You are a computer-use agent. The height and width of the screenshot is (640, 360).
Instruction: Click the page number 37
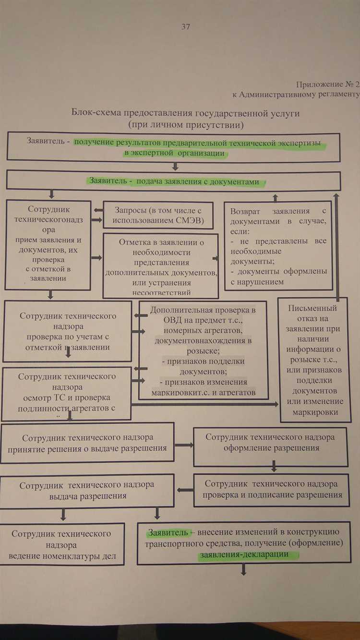tap(186, 27)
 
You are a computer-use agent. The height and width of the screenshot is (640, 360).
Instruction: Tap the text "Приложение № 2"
tap(327, 84)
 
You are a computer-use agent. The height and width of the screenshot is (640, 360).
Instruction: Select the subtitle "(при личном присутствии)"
tap(186, 125)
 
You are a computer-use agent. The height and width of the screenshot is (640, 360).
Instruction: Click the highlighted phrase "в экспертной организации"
tap(174, 154)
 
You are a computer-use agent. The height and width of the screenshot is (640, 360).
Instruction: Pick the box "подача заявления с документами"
tap(173, 181)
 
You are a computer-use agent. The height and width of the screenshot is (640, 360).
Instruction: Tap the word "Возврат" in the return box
tap(246, 211)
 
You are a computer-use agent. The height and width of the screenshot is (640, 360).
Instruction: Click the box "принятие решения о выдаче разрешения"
tap(87, 443)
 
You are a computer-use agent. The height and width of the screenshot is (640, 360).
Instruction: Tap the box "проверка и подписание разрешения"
tap(270, 490)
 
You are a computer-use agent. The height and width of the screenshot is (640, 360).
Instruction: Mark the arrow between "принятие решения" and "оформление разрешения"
tap(184, 445)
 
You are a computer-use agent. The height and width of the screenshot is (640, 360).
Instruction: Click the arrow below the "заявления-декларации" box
tap(243, 570)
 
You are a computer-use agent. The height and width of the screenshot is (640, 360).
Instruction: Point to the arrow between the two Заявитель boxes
tap(175, 166)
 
